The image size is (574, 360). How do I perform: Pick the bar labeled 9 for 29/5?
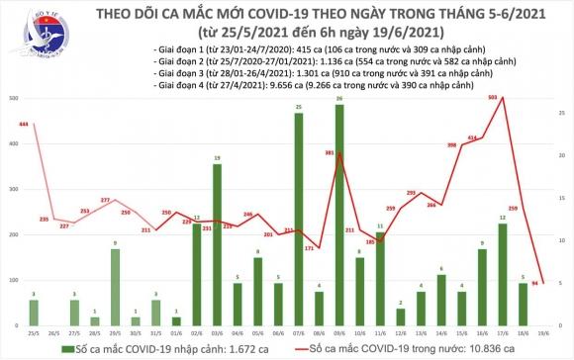[x=115, y=288]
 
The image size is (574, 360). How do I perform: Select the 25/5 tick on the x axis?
[x=34, y=333]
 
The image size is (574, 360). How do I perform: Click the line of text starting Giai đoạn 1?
[x=287, y=48]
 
